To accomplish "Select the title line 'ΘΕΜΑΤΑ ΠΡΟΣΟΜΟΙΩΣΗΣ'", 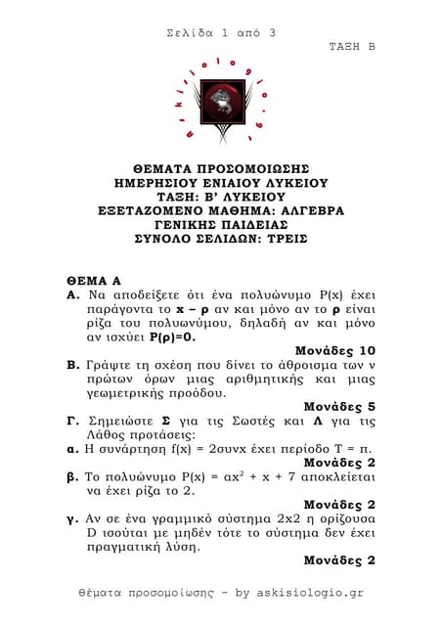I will [221, 168].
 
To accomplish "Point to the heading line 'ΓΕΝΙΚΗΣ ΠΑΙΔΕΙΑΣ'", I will [221, 223].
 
